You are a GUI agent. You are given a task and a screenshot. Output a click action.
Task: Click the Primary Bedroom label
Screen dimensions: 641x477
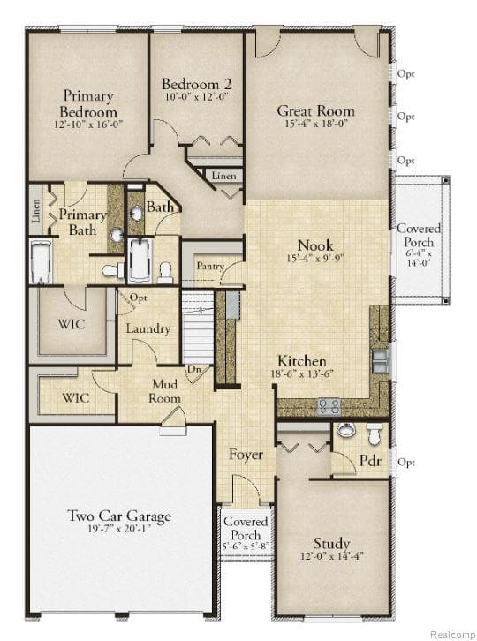(x=87, y=104)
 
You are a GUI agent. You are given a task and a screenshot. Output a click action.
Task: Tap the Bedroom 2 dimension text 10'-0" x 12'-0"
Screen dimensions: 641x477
(x=196, y=97)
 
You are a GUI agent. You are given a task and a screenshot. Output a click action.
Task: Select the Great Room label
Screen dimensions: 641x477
(x=315, y=111)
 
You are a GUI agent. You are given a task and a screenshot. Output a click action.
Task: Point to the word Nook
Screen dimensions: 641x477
(x=315, y=245)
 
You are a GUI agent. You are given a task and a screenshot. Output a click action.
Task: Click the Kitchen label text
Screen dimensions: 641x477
(x=302, y=362)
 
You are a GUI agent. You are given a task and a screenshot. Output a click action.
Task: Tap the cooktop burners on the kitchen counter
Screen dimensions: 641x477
(x=329, y=406)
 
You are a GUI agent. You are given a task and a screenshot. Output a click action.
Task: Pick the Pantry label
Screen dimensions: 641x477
(x=209, y=265)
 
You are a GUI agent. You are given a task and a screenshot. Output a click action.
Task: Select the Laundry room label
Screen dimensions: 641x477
(x=148, y=328)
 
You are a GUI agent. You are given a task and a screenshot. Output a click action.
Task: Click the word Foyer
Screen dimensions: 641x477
(x=246, y=455)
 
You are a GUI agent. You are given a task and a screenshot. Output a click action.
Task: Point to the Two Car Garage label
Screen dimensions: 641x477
(x=119, y=517)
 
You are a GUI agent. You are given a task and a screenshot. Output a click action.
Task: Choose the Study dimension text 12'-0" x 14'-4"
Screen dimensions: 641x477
(x=331, y=557)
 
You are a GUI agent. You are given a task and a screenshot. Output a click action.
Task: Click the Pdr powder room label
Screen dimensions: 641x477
(x=369, y=462)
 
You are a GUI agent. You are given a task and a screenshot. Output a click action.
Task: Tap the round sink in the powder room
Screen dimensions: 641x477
(x=346, y=431)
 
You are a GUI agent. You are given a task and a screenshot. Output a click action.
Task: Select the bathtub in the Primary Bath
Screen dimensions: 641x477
(x=41, y=263)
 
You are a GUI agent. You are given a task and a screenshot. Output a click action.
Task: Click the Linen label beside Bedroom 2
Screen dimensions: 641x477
(x=223, y=177)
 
